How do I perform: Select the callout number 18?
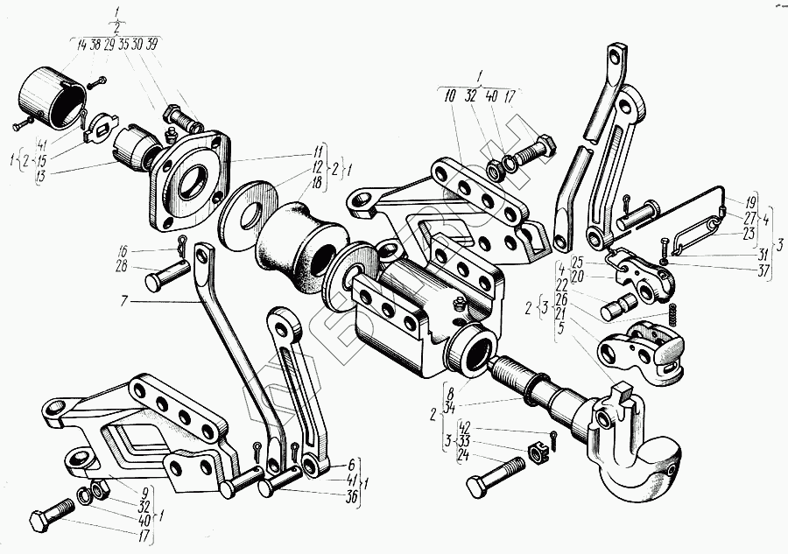[x=316, y=183]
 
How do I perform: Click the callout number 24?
[x=462, y=454]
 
